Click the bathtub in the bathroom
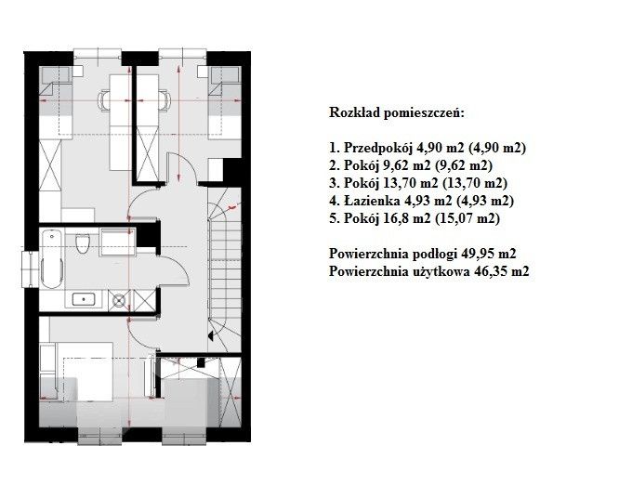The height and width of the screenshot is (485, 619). [52, 259]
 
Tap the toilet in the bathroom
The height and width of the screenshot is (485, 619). [83, 243]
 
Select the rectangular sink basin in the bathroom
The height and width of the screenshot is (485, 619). [84, 299]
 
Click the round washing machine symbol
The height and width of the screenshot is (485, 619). [118, 300]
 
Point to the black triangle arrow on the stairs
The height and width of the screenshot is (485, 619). [211, 335]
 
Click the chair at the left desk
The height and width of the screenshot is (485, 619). [103, 99]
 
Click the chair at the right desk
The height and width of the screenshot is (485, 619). [165, 99]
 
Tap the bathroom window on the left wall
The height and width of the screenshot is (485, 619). [30, 269]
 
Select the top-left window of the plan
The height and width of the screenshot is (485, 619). [97, 54]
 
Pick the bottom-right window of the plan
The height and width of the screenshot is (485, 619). [184, 439]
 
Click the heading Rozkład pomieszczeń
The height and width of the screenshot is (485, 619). [397, 112]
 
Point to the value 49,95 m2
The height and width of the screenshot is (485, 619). [489, 254]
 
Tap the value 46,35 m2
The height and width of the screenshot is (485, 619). [501, 271]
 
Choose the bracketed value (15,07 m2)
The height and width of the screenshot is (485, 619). [467, 218]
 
